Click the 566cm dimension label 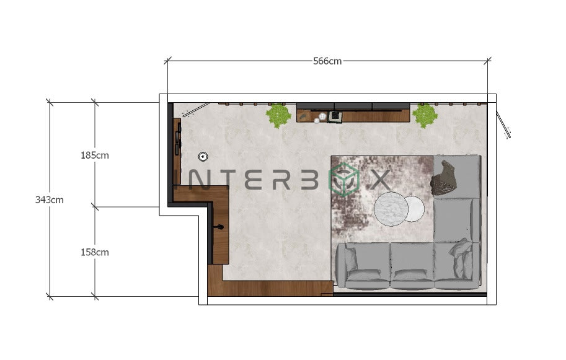pyautogui.click(x=327, y=61)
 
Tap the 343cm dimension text pyautogui.click(x=49, y=200)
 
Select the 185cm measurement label pyautogui.click(x=94, y=155)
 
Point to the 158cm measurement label pyautogui.click(x=94, y=252)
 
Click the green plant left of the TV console pyautogui.click(x=278, y=115)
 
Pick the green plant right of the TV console pyautogui.click(x=425, y=115)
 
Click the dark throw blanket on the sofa pyautogui.click(x=445, y=178)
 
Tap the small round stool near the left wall pyautogui.click(x=203, y=156)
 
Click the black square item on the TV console pyautogui.click(x=335, y=116)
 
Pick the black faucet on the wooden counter pyautogui.click(x=218, y=227)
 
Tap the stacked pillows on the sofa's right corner pyautogui.click(x=462, y=257)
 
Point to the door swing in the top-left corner pyautogui.click(x=191, y=110)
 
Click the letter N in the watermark pyautogui.click(x=200, y=180)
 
